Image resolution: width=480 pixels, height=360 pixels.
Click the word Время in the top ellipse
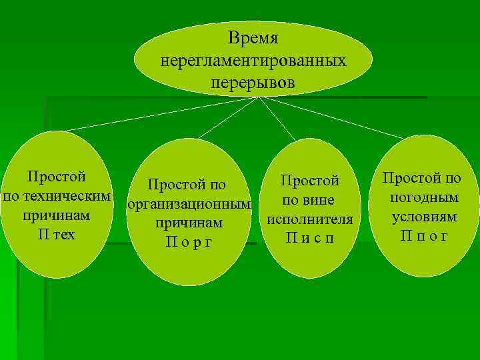pos(253,38)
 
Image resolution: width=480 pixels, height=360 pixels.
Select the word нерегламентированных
pos(253,61)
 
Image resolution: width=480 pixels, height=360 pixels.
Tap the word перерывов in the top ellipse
pos(253,84)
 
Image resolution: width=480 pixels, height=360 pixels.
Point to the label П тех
pos(56,235)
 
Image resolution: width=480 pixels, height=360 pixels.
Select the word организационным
pos(189,204)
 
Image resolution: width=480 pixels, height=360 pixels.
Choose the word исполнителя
pos(310,219)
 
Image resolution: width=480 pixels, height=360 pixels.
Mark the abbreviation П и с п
pos(310,237)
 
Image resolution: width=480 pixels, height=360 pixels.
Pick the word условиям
pos(424,217)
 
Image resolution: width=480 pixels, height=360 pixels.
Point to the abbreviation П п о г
pos(424,236)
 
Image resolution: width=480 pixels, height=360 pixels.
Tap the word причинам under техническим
pos(56,216)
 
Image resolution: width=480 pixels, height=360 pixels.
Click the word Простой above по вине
pos(310,181)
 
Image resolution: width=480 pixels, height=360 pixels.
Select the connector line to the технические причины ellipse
pos(160,113)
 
